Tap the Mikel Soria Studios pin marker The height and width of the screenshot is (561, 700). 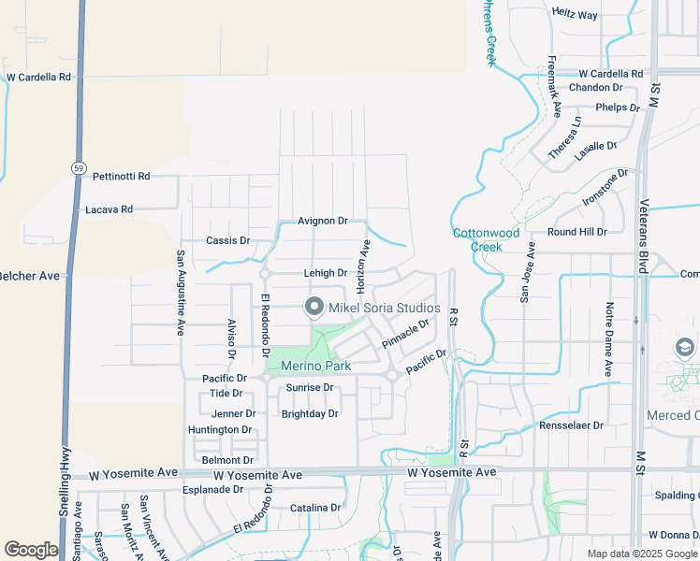[x=314, y=307]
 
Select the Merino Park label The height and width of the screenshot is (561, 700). [x=315, y=366]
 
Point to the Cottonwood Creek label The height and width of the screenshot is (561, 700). [x=486, y=239]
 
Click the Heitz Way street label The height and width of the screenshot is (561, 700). [x=575, y=15]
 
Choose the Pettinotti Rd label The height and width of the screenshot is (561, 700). [x=117, y=176]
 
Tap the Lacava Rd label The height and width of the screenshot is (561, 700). [x=109, y=209]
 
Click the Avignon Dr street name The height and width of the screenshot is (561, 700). [x=323, y=222]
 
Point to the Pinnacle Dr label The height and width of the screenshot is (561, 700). [x=405, y=334]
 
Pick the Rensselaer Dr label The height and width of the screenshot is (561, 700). [x=572, y=425]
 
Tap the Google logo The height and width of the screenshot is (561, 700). [x=31, y=550]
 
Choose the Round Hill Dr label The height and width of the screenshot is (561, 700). [x=577, y=231]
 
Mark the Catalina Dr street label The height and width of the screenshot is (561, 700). [x=315, y=508]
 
